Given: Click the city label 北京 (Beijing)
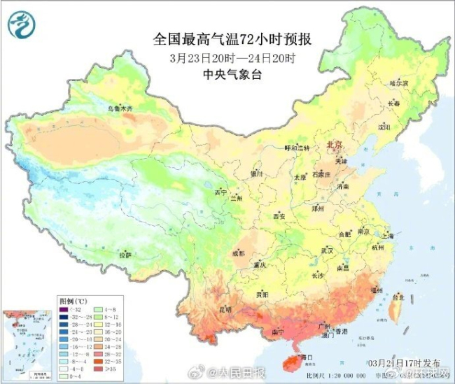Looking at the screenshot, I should click(x=333, y=144).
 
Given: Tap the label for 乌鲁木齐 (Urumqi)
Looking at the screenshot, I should click(x=120, y=109).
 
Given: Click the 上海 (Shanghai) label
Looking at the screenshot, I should click(x=388, y=236).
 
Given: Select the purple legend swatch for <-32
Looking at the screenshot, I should click(x=64, y=308).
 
